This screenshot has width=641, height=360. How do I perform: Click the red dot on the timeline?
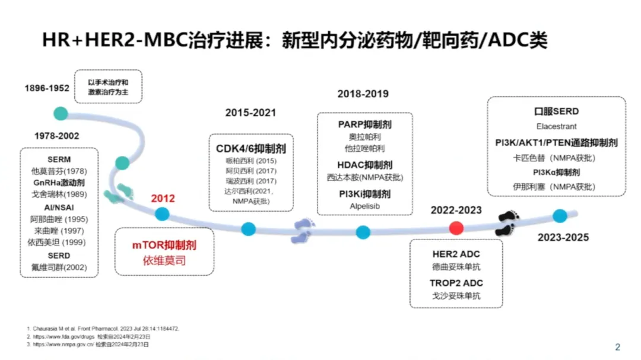(x=456, y=228)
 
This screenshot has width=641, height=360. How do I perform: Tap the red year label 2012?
(x=163, y=199)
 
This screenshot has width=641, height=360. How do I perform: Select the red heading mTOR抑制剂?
(x=164, y=245)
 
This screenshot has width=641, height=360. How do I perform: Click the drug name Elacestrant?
(x=556, y=126)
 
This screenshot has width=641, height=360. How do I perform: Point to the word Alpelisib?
(x=364, y=206)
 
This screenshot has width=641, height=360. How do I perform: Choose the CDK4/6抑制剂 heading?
(x=251, y=148)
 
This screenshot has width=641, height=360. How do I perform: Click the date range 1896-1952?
(x=47, y=88)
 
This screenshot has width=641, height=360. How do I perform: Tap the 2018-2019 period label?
(x=363, y=94)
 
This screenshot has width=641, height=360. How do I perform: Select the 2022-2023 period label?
(x=456, y=210)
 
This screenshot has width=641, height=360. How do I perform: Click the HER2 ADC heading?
(x=456, y=254)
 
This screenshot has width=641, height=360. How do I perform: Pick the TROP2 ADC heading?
(x=456, y=283)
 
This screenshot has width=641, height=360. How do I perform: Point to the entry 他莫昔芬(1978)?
(x=59, y=171)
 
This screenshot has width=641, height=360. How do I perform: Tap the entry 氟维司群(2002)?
(x=59, y=267)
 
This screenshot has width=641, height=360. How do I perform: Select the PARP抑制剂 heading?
(x=364, y=125)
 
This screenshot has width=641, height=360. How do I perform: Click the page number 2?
(x=617, y=347)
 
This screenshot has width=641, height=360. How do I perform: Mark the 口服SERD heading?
(x=556, y=111)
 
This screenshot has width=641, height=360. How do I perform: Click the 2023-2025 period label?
(x=563, y=238)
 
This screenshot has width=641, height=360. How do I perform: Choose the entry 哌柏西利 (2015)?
(x=251, y=161)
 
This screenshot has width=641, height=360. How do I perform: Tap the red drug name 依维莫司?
(x=164, y=260)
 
